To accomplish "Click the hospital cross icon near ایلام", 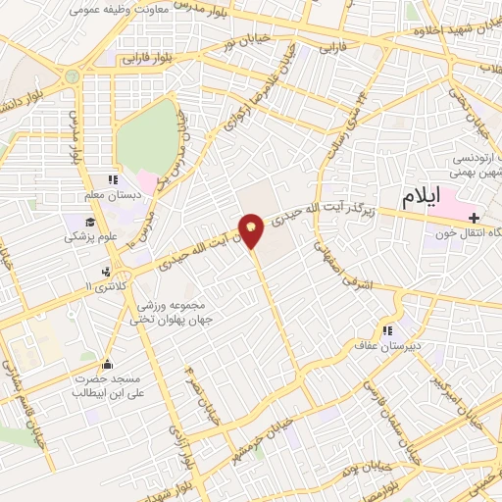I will pos(475,217).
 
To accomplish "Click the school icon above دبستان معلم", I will pos(112,179).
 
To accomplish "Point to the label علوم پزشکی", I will pos(88,236).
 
